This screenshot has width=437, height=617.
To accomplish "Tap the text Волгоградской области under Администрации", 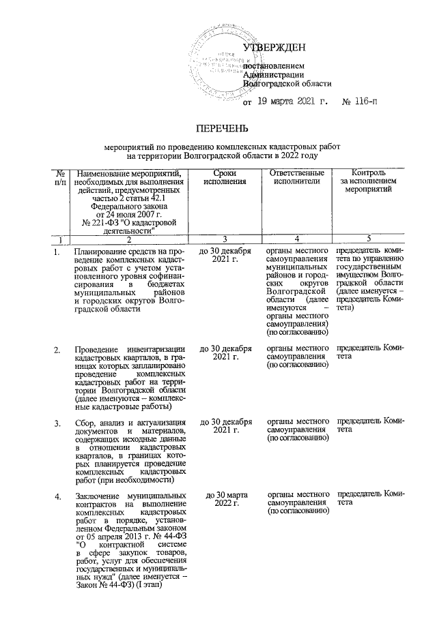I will tap(287, 84).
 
